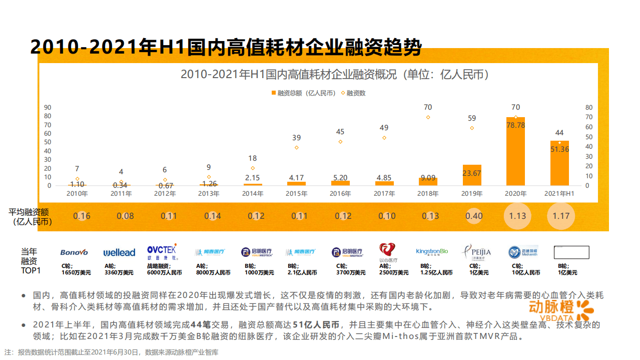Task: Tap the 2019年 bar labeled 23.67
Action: click(472, 175)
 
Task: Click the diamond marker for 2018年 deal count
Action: click(428, 117)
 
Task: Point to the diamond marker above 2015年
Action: click(297, 147)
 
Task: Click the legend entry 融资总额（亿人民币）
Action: click(303, 93)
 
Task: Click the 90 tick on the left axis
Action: click(48, 107)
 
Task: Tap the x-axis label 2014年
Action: click(253, 194)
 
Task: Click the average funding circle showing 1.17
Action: click(561, 216)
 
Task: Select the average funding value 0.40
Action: click(474, 216)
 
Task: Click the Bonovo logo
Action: click(74, 252)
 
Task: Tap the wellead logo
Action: click(119, 252)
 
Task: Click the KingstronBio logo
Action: click(432, 251)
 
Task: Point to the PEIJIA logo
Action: click(476, 252)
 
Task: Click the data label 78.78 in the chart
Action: click(515, 125)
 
